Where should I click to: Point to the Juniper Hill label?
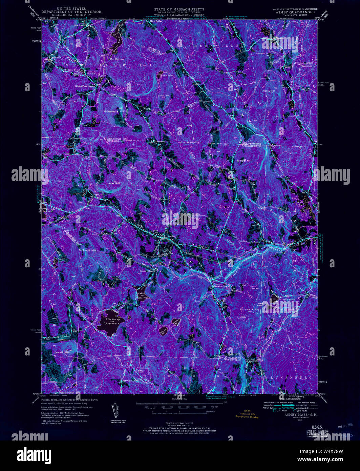pyautogui.click(x=244, y=161)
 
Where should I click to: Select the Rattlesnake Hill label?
pyautogui.click(x=249, y=309)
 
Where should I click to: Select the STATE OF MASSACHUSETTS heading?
pyautogui.click(x=179, y=9)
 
